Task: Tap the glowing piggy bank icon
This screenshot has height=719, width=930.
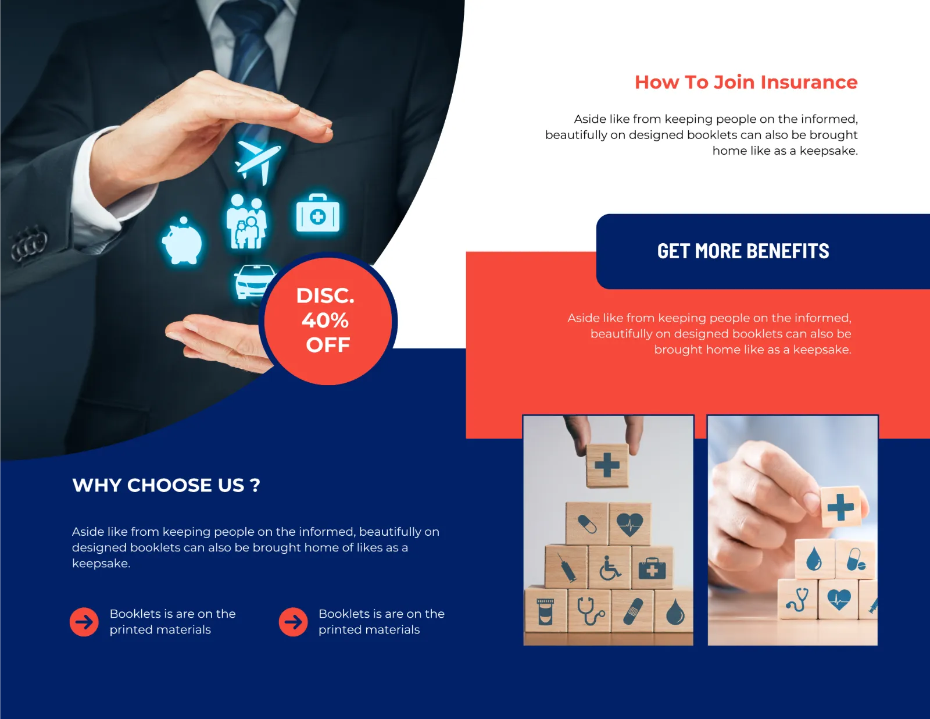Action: click(x=183, y=241)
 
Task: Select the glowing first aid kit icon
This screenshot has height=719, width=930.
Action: click(x=318, y=213)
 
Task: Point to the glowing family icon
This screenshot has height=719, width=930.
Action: click(x=246, y=222)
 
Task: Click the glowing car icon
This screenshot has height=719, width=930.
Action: click(x=254, y=282)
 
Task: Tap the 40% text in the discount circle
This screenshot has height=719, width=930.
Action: click(x=325, y=321)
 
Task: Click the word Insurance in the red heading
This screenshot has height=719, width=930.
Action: click(x=809, y=82)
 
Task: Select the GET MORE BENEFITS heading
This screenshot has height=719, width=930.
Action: click(x=743, y=251)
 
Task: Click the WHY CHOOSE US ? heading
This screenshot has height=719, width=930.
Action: click(x=166, y=485)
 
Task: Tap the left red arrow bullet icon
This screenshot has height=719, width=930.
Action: click(x=84, y=622)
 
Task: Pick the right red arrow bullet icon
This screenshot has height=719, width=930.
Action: click(x=293, y=622)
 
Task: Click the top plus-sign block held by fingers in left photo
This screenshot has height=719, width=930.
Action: click(x=607, y=465)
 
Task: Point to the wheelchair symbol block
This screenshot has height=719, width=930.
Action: click(x=610, y=567)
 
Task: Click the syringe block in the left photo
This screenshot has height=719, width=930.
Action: click(x=566, y=566)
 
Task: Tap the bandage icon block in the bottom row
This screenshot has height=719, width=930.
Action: click(x=632, y=611)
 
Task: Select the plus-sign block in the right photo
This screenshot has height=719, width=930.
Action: click(x=840, y=507)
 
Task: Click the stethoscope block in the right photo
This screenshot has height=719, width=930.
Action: click(x=797, y=599)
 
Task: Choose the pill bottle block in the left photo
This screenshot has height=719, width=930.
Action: click(x=546, y=610)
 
